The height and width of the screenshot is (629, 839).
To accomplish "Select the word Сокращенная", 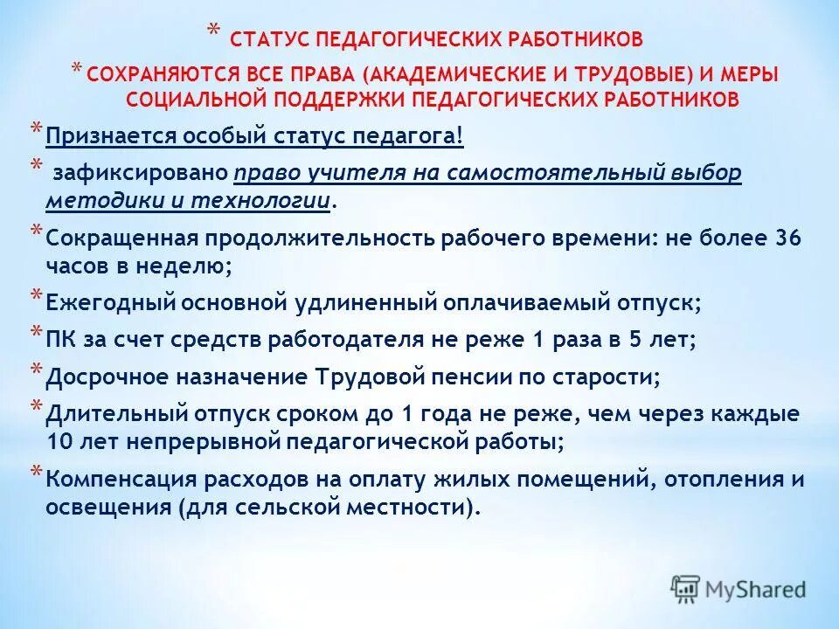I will pyautogui.click(x=122, y=238).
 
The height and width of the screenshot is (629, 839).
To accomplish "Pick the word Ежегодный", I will pyautogui.click(x=108, y=302).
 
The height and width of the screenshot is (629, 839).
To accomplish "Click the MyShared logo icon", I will pyautogui.click(x=685, y=588).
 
